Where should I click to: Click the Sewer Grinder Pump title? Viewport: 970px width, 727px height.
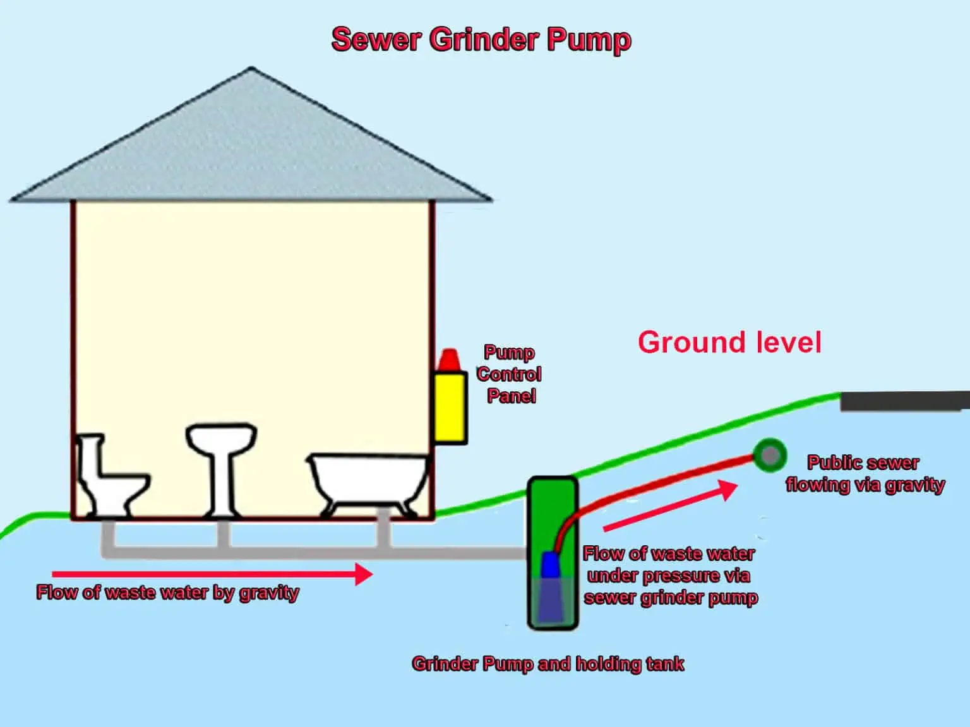coord(481,39)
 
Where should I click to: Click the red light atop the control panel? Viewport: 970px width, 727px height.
coord(449,360)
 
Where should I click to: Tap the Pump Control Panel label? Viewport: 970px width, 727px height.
coord(509,374)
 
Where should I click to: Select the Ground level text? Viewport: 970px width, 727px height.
coord(729,343)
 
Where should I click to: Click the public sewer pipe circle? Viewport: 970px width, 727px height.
coord(769,454)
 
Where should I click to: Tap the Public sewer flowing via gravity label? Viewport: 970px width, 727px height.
coord(865,473)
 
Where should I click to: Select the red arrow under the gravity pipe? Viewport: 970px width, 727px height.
coord(212,574)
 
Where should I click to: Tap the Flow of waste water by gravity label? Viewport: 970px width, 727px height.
coord(167,593)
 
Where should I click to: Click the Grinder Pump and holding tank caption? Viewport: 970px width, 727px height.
coord(548,664)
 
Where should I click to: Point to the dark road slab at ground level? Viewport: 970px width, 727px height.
coord(904,401)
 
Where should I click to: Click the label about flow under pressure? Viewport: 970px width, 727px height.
coord(669,576)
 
